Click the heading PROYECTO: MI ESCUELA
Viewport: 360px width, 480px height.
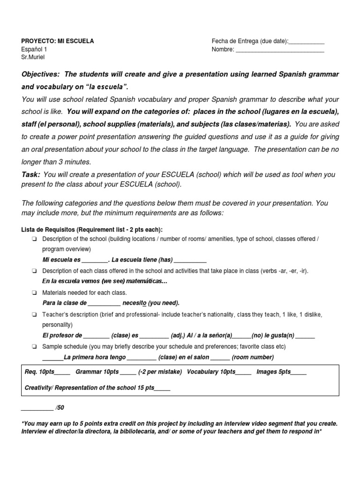click(x=58, y=41)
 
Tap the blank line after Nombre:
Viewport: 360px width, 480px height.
click(x=280, y=50)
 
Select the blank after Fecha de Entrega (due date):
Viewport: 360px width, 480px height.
click(x=307, y=42)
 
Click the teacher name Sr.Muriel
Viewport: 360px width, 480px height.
click(x=33, y=57)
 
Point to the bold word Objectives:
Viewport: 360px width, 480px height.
click(x=41, y=75)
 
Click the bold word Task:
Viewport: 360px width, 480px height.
click(x=31, y=174)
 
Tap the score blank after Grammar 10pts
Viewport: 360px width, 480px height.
click(x=128, y=372)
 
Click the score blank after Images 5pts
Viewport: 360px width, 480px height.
click(x=299, y=372)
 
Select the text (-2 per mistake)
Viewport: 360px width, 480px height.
click(x=160, y=372)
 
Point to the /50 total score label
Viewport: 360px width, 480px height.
click(x=60, y=408)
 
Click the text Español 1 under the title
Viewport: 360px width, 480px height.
click(x=34, y=49)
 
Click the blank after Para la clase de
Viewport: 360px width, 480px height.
click(x=104, y=303)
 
